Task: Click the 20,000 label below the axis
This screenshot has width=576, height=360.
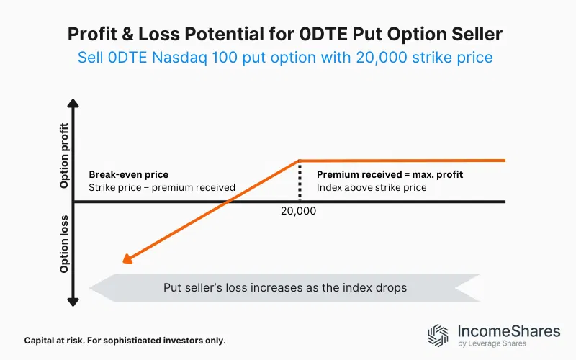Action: (x=298, y=212)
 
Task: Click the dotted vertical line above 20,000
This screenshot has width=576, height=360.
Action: (x=299, y=181)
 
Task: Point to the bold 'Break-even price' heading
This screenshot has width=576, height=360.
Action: (x=128, y=174)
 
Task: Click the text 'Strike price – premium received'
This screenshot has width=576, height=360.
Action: (x=162, y=187)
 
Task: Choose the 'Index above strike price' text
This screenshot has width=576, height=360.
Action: (x=372, y=187)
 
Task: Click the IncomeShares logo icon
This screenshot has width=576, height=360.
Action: (x=438, y=336)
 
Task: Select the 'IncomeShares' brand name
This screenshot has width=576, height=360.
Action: (x=508, y=331)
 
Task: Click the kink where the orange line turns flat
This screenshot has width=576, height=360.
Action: (x=299, y=161)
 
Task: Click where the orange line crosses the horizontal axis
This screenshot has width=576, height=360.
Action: (x=228, y=202)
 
